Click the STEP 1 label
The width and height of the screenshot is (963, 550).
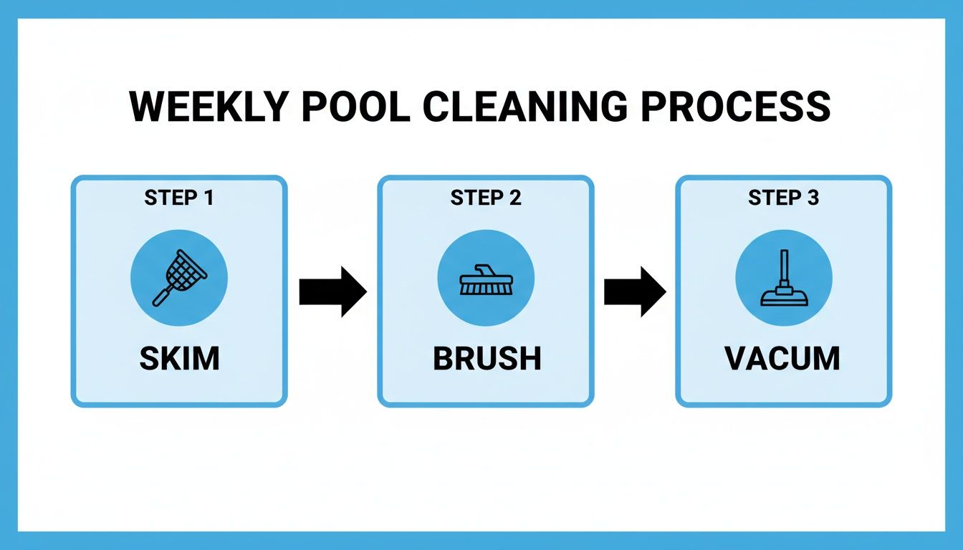point(179,198)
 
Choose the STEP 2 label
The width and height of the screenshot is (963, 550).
point(486,198)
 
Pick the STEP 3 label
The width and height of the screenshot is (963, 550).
point(783,198)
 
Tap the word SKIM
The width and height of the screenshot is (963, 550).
point(179,359)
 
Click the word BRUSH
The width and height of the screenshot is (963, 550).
point(487,359)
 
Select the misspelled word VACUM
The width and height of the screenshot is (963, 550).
point(783,359)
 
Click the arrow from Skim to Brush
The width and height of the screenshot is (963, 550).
point(332,291)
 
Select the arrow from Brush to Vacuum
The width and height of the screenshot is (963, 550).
point(635,291)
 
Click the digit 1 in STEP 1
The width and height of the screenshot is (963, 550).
point(209,198)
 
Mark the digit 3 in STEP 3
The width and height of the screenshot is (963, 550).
point(813,198)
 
